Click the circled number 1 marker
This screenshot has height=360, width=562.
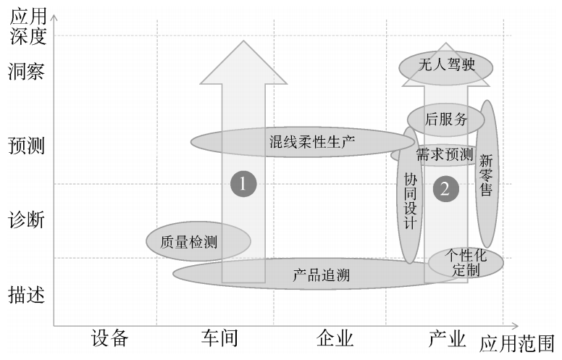pyautogui.click(x=243, y=184)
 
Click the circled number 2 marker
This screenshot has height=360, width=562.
pyautogui.click(x=445, y=188)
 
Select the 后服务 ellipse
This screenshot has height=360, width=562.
pyautogui.click(x=446, y=119)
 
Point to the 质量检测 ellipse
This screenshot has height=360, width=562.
pyautogui.click(x=198, y=241)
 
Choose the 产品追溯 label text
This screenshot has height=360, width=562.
pyautogui.click(x=316, y=275)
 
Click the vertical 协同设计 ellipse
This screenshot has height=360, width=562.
pyautogui.click(x=411, y=199)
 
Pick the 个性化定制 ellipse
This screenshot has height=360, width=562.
pyautogui.click(x=466, y=263)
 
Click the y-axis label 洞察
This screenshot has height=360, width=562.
pyautogui.click(x=27, y=72)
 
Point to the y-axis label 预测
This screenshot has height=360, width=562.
pyautogui.click(x=27, y=146)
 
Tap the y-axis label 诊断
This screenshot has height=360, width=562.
pyautogui.click(x=27, y=219)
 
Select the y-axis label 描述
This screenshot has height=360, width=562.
pyautogui.click(x=27, y=295)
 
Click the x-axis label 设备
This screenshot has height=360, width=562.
pyautogui.click(x=109, y=338)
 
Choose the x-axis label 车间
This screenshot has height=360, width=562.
pyautogui.click(x=220, y=338)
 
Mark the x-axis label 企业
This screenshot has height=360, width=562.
pyautogui.click(x=335, y=338)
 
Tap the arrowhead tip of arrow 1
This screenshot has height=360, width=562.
pyautogui.click(x=243, y=42)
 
